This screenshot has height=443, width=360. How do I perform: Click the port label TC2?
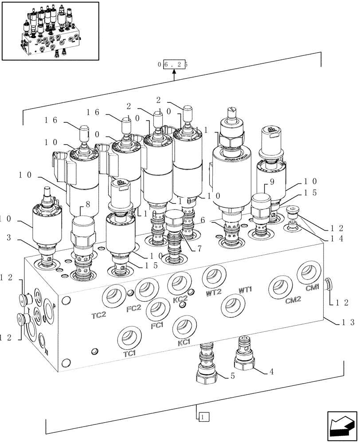coord(99,315)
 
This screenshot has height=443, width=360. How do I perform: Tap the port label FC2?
coord(133,308)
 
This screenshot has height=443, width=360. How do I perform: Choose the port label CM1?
coord(312,288)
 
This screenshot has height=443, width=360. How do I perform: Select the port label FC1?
coord(157,326)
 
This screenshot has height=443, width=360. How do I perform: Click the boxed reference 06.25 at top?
coord(173,64)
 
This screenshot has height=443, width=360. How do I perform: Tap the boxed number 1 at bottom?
coord(202,416)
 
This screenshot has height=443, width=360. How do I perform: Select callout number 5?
coord(232,377)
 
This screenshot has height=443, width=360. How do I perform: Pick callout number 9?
coord(272,182)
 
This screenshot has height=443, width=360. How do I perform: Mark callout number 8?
coord(87,204)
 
